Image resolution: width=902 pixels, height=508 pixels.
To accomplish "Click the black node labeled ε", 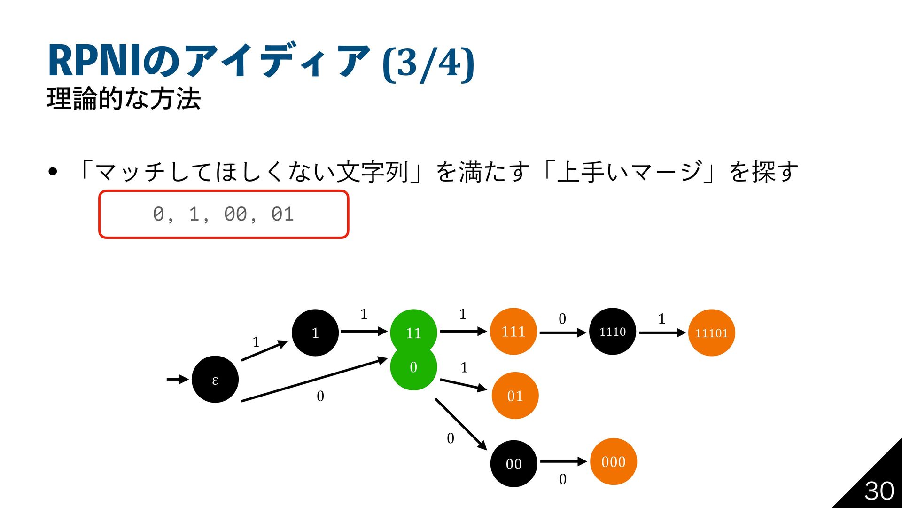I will point(215,379).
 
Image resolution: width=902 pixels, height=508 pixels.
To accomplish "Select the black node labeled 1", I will point(315,333).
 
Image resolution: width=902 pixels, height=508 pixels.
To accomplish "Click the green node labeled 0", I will point(413,368).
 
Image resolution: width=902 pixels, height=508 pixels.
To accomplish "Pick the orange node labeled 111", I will point(513,331).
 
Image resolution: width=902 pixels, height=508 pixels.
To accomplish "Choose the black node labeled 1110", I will point(613,331).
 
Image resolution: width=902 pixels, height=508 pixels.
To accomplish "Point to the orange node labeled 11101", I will point(712,333).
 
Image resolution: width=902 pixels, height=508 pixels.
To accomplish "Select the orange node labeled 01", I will point(515,396).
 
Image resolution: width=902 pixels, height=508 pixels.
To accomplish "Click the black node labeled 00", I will point(513,463).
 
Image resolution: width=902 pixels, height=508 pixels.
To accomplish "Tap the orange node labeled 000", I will point(614,461).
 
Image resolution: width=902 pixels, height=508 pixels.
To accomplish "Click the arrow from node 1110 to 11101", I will point(662,333).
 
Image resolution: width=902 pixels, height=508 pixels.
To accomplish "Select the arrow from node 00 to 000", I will point(563,461).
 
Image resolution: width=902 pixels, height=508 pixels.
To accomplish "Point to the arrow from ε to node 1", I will point(264,351).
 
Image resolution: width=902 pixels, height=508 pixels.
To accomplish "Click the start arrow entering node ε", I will point(178,379).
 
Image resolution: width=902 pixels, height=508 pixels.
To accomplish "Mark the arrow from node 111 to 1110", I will point(563,333).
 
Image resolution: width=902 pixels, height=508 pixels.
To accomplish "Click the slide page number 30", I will point(879,491).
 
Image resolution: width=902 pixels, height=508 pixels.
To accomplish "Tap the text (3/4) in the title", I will point(428,63).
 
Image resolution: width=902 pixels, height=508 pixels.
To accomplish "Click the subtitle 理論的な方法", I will point(124,99).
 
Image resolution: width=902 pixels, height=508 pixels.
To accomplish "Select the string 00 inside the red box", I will point(235,214).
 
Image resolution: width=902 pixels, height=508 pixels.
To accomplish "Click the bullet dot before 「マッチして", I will point(53,172).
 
